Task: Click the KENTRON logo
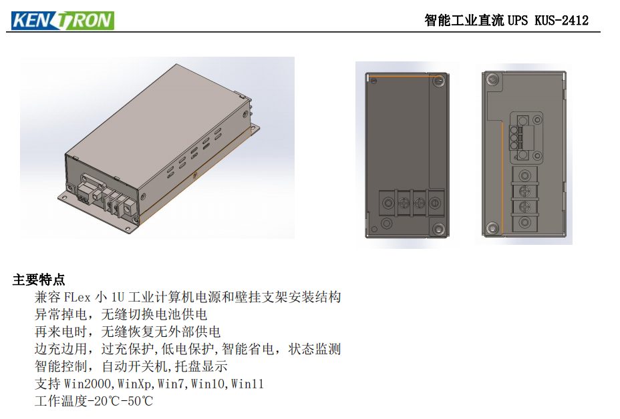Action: [x=62, y=20]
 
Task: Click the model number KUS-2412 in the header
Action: [x=561, y=21]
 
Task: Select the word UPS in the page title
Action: [x=518, y=21]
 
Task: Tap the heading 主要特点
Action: [x=39, y=280]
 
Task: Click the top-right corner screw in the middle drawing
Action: [x=438, y=81]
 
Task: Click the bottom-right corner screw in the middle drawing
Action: [x=438, y=229]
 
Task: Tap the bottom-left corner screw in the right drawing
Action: [x=492, y=228]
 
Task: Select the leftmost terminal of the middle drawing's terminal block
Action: [x=387, y=201]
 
